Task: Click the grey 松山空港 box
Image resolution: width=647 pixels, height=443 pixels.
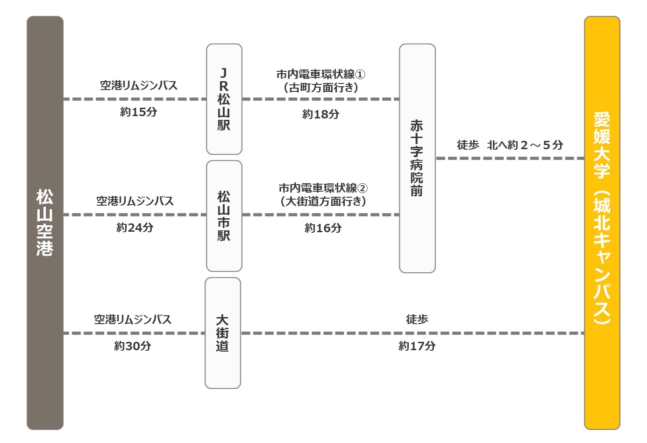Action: click(x=45, y=222)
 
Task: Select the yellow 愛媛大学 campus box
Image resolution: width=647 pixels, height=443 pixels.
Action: click(x=602, y=222)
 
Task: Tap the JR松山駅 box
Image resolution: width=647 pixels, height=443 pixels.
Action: click(x=224, y=99)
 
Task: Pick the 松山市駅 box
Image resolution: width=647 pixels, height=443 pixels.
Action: click(x=224, y=216)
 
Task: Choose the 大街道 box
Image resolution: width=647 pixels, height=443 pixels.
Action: click(x=223, y=333)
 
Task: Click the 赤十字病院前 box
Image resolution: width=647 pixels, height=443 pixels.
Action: click(x=417, y=158)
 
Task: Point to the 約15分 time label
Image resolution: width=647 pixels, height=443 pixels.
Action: click(x=139, y=112)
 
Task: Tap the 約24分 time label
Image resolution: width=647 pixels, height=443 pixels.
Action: click(x=135, y=228)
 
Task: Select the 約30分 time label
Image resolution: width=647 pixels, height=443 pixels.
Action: click(x=133, y=346)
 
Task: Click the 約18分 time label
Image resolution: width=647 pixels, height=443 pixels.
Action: click(x=321, y=114)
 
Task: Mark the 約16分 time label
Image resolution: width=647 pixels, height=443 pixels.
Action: click(x=323, y=228)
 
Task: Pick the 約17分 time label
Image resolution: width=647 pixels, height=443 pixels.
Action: click(x=417, y=346)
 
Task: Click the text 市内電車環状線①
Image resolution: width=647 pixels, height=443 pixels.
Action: click(x=321, y=75)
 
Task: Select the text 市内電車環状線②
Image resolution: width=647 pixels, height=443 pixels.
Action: click(x=323, y=188)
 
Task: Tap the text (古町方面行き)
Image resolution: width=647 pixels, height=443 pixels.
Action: click(x=321, y=87)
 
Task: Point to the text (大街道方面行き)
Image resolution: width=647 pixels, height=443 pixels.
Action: click(x=323, y=201)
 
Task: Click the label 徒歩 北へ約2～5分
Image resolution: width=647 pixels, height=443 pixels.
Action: click(x=510, y=145)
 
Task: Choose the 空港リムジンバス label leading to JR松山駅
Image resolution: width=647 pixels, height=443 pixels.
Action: click(x=139, y=85)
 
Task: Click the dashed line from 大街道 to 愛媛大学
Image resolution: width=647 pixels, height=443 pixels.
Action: click(x=412, y=333)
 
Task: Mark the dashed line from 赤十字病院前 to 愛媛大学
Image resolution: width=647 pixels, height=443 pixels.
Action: click(x=510, y=158)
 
